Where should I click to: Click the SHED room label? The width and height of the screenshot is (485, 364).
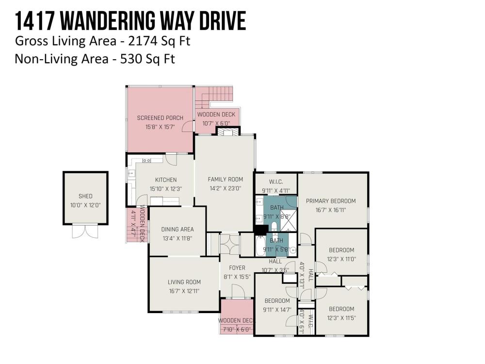pos(85,196)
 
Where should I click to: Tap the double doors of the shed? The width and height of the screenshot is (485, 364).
pos(85,232)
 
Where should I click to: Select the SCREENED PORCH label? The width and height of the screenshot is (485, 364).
pos(160,118)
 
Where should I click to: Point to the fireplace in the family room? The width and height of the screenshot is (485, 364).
pos(228,132)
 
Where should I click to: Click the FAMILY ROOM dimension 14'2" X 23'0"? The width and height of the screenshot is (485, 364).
pos(225,188)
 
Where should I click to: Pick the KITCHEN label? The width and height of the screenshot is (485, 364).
pos(166,180)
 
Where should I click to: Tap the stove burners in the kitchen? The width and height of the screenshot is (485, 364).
pos(146,160)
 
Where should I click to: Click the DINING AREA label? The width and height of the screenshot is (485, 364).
pos(178,230)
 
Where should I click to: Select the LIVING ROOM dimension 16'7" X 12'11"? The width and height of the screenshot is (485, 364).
pos(184,291)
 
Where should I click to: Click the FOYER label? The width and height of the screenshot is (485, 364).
pos(237,268)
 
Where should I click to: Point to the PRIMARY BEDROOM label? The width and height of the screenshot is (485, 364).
pos(331,201)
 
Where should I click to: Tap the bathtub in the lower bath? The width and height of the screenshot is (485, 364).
pos(260,246)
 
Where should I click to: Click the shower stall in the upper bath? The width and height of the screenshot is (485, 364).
pos(288,221)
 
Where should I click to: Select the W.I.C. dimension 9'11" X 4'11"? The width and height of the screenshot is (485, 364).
pos(276,191)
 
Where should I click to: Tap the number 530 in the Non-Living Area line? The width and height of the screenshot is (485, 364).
pos(129,59)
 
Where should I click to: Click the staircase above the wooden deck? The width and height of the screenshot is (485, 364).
pos(213,97)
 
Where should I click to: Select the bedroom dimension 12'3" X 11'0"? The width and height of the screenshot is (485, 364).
pos(341,259)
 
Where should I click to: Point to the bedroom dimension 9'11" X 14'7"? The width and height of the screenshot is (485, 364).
pos(277,310)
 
